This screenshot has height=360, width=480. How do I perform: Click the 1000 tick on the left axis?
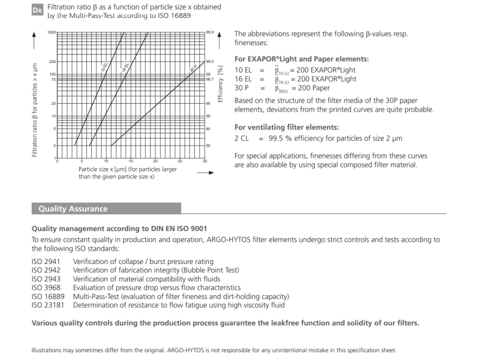[x=51, y=32]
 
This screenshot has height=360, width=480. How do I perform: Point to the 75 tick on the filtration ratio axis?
[x=53, y=79]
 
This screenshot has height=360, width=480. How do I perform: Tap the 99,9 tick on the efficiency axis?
[x=210, y=32]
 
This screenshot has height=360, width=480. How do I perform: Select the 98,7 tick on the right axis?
[x=210, y=79]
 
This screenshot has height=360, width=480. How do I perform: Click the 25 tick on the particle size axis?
[x=180, y=161]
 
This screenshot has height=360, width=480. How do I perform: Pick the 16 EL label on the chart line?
[x=126, y=67]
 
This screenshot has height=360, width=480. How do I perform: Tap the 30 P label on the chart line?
[x=193, y=69]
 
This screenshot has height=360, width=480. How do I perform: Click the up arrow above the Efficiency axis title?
[x=220, y=44]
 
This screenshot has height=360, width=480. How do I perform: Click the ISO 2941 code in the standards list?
[x=45, y=262]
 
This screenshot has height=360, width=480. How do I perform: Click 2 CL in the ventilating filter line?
[x=242, y=138]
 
